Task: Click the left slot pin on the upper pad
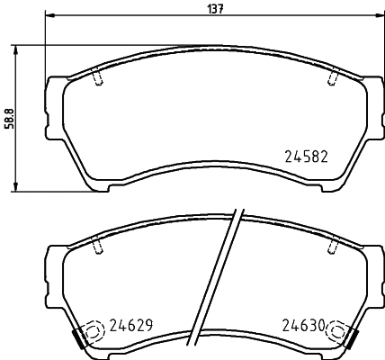(x=96, y=79)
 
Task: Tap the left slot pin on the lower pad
(x=96, y=245)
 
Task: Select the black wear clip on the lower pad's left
(x=80, y=338)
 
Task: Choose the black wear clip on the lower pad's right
(x=349, y=338)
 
